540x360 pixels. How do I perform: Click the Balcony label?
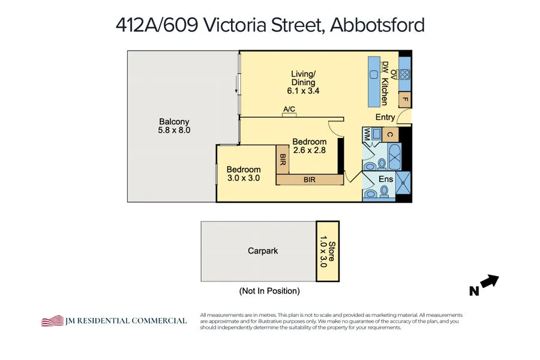point(174,122)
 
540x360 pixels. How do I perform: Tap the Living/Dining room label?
point(303,78)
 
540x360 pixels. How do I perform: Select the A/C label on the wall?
point(289,109)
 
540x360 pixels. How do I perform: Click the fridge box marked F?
point(405,100)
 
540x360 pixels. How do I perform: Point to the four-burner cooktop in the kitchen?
point(405,75)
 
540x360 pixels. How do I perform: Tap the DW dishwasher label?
point(386,68)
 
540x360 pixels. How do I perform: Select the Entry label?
point(385,117)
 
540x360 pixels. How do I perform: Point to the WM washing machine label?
point(367,134)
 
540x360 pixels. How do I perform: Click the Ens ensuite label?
point(386,179)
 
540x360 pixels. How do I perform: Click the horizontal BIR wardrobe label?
point(310,179)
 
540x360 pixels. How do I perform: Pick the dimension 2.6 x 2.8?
point(309,151)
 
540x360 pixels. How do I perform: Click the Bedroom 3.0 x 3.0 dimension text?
point(244,178)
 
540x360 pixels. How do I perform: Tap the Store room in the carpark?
point(328,251)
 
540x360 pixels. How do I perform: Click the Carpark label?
point(263,251)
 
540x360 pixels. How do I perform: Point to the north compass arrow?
point(490,281)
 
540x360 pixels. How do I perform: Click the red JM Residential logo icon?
point(52,320)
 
